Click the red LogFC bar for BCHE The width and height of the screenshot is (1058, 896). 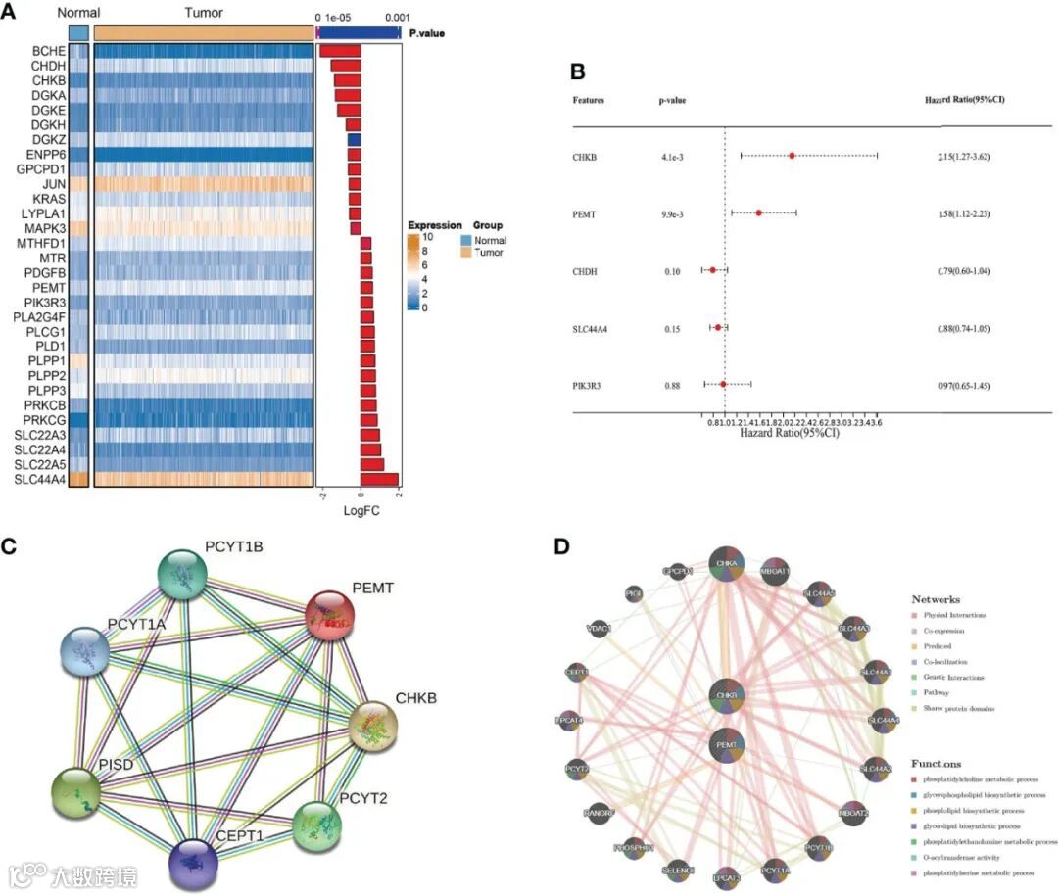[340, 51]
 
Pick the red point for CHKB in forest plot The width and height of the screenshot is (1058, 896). [792, 156]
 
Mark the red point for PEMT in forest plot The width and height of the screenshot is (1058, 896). [759, 212]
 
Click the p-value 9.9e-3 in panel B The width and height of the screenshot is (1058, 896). [674, 212]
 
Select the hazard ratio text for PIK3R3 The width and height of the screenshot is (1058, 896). [965, 386]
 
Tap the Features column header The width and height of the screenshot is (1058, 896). [589, 100]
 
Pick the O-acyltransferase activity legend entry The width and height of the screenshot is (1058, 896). [969, 857]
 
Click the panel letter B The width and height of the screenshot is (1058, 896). [578, 71]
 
